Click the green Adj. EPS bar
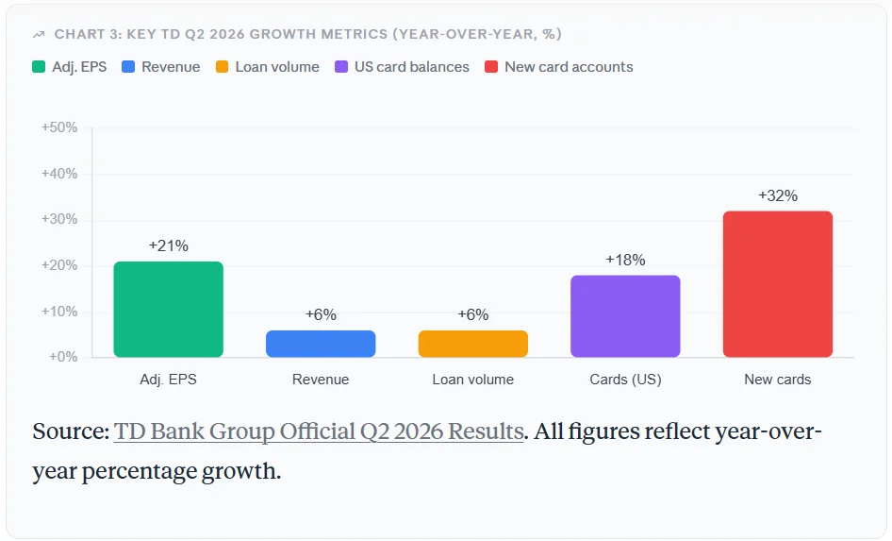(169, 310)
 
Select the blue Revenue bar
(321, 344)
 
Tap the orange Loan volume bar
(473, 344)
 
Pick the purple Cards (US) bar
(626, 316)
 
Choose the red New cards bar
(778, 284)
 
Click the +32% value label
(778, 195)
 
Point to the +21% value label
(169, 246)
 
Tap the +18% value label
(626, 261)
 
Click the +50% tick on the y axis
(59, 127)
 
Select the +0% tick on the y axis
(62, 357)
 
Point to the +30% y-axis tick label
(59, 219)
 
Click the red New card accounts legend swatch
(491, 67)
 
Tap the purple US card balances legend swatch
(341, 67)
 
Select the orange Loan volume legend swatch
(222, 67)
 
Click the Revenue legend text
(171, 67)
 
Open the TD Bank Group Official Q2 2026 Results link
(319, 431)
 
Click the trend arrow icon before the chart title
(39, 35)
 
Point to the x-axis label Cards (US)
(626, 380)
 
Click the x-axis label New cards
(778, 380)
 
